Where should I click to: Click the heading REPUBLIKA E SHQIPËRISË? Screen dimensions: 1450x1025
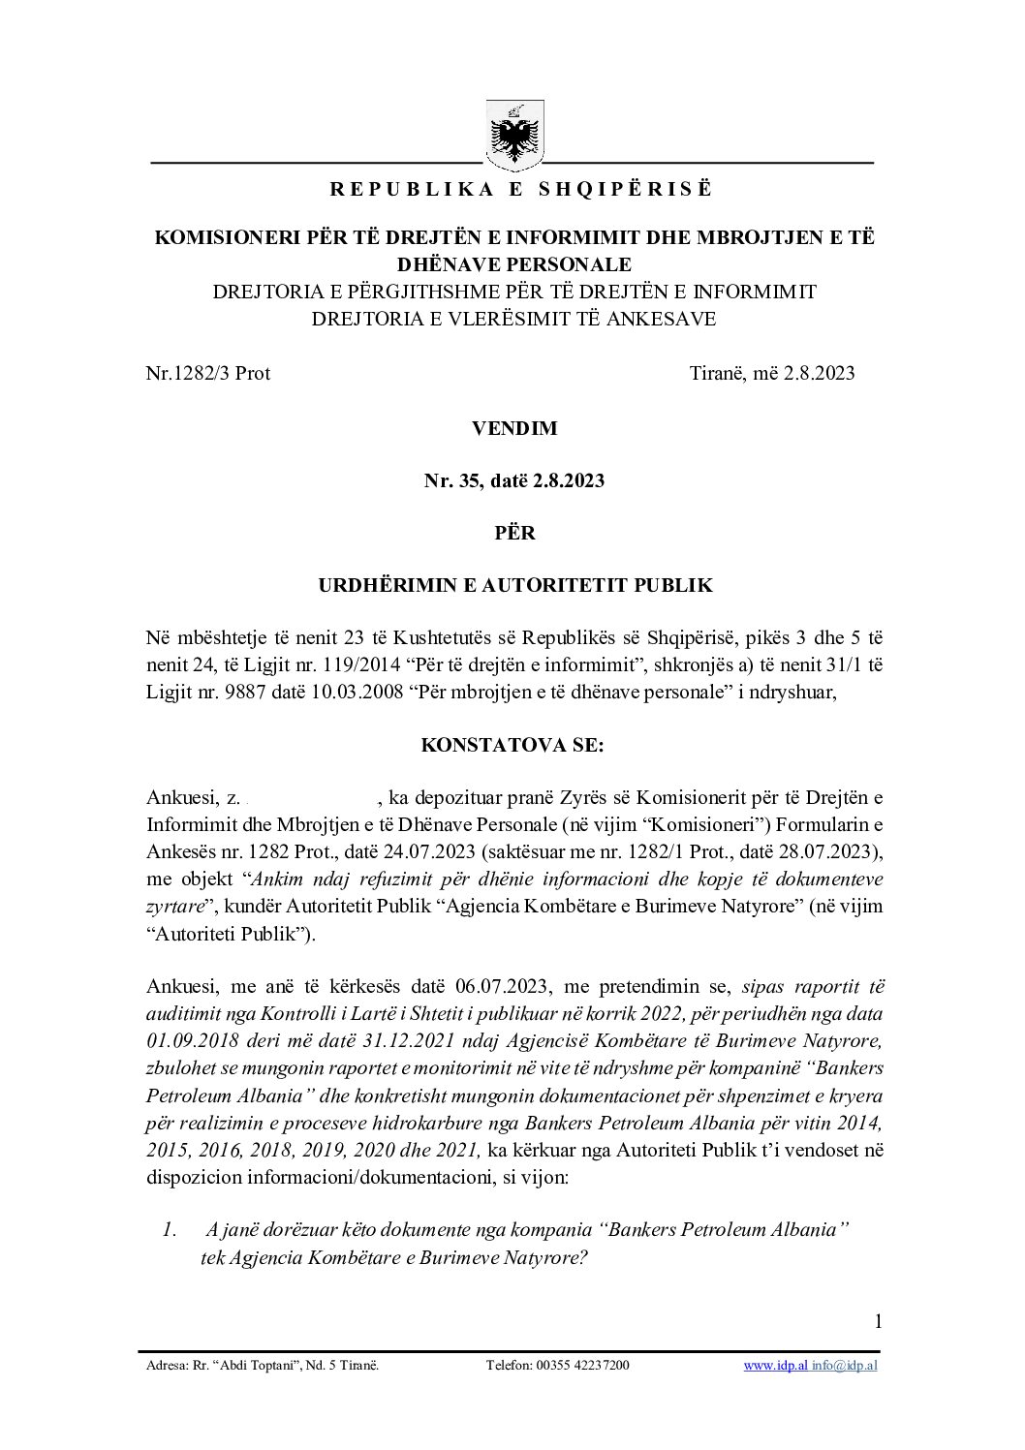pos(520,190)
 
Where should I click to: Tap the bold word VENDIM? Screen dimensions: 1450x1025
pos(514,427)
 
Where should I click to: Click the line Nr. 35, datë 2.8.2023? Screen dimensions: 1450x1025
pos(514,480)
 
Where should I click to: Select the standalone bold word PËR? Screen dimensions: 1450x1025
pos(514,533)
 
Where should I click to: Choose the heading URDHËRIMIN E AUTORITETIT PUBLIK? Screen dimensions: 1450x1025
pos(514,585)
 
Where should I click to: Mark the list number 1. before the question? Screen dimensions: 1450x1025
pos(170,1230)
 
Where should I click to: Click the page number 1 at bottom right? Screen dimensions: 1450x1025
pos(878,1322)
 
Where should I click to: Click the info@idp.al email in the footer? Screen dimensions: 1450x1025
pos(845,1366)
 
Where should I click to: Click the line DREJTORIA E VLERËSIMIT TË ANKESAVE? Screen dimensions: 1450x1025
pos(514,318)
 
